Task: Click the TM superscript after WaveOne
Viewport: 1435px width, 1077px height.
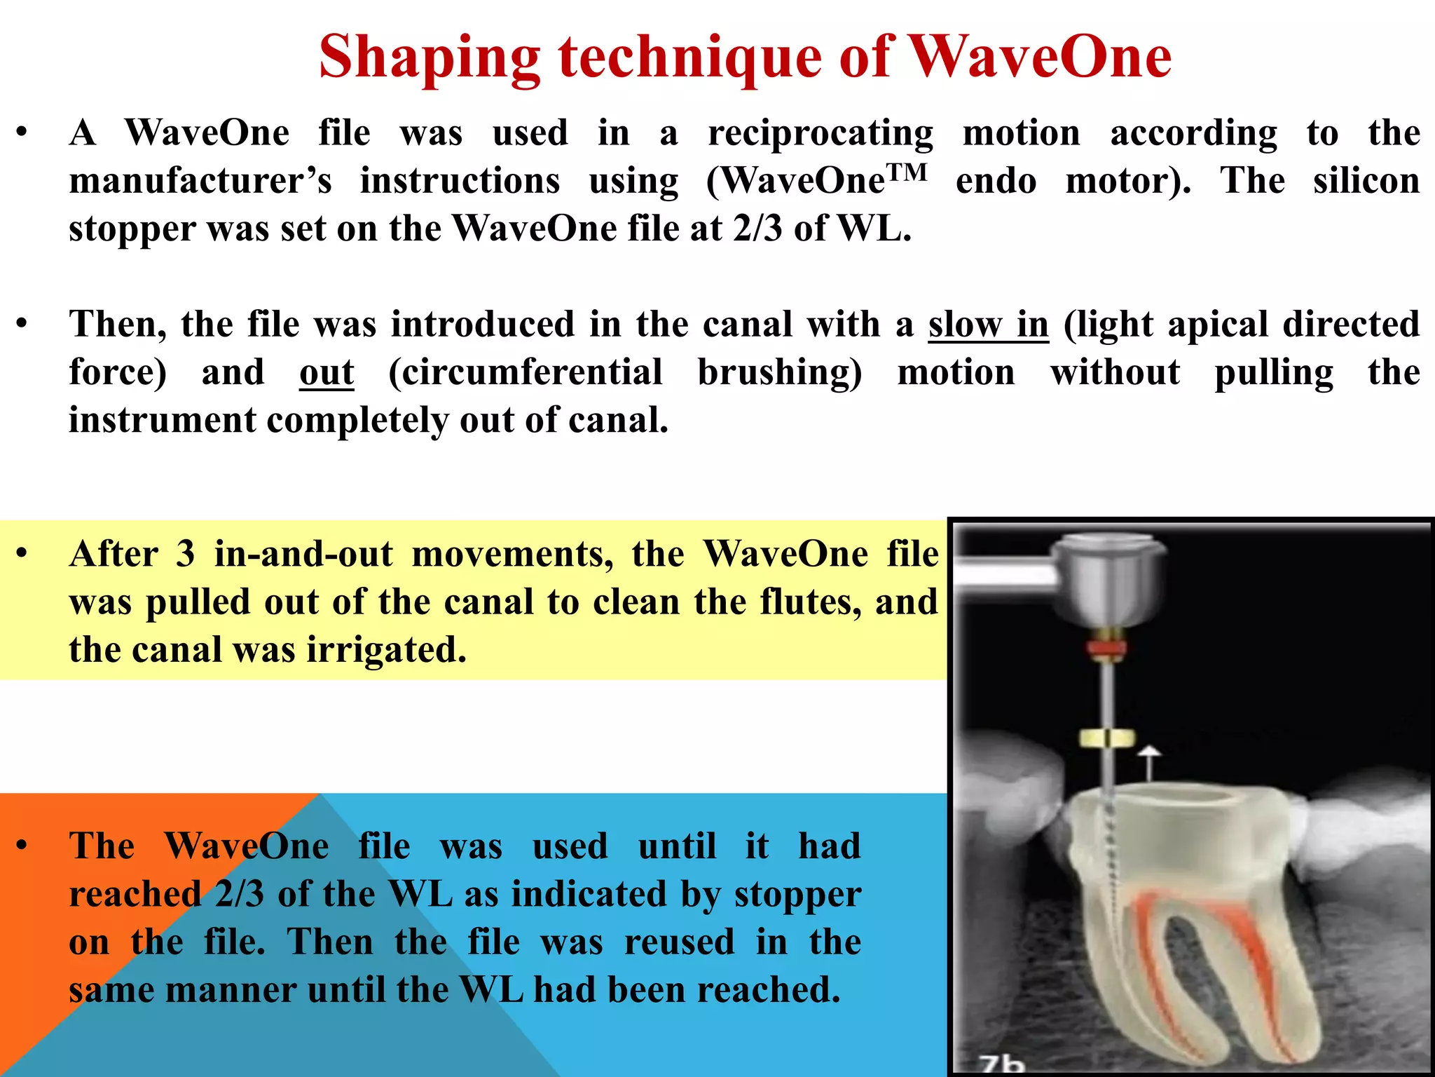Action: point(907,171)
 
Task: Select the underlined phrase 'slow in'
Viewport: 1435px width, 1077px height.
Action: point(989,325)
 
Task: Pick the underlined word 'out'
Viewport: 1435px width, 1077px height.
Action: point(327,372)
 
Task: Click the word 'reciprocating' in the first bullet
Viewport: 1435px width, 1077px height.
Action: point(821,134)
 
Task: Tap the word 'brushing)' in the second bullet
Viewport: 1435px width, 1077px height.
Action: point(780,372)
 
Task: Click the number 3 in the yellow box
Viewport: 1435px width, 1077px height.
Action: point(185,554)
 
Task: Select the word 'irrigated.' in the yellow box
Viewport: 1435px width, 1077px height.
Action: point(386,649)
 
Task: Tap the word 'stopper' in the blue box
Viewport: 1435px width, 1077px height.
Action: point(797,894)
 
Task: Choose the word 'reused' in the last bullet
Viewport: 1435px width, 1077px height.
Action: point(679,942)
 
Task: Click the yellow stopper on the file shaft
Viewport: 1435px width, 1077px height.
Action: point(1106,738)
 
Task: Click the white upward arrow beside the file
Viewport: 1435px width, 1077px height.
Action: point(1148,761)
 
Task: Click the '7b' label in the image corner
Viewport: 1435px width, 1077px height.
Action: point(1002,1063)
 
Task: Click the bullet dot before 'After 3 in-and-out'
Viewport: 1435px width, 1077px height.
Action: point(22,553)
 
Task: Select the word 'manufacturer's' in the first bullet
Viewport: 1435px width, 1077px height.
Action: point(200,181)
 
